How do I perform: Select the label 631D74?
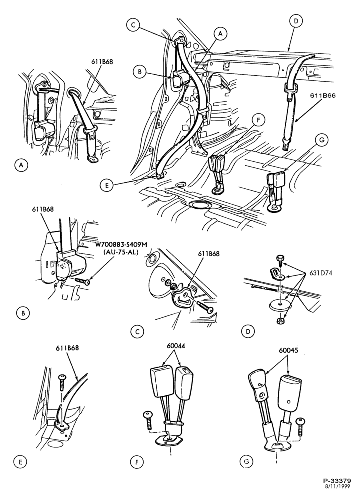320,273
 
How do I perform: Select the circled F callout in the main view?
258,120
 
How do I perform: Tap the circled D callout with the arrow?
296,21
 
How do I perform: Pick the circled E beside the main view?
107,185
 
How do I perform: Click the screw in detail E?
61,383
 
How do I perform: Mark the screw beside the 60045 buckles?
300,427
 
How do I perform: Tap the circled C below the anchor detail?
137,331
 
